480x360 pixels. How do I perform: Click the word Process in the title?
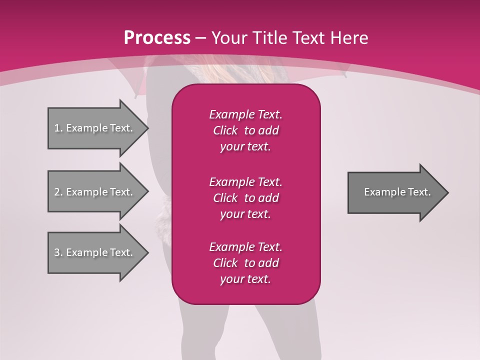pyautogui.click(x=157, y=38)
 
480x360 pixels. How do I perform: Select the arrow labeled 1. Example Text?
pyautogui.click(x=95, y=128)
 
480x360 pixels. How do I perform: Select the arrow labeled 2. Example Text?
pyautogui.click(x=95, y=192)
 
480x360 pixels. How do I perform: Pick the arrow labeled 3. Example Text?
pyautogui.click(x=95, y=252)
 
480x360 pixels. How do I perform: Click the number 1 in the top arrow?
pyautogui.click(x=57, y=128)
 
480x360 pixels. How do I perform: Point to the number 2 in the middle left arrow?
pyautogui.click(x=57, y=192)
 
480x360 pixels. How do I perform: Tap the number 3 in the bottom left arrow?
pyautogui.click(x=57, y=252)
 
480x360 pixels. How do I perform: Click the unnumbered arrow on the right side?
pyautogui.click(x=395, y=192)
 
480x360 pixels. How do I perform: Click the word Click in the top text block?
pyautogui.click(x=225, y=130)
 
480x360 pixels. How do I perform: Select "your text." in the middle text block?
pyautogui.click(x=245, y=214)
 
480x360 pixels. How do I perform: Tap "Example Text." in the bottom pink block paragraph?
pyautogui.click(x=245, y=247)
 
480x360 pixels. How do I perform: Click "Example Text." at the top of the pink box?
pyautogui.click(x=245, y=114)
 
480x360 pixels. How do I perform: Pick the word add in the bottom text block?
pyautogui.click(x=268, y=263)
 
